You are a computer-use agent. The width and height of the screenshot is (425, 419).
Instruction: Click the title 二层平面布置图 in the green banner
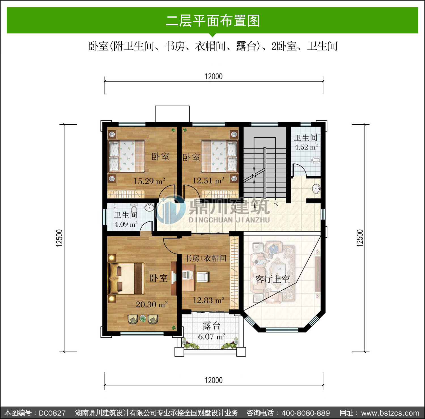(213, 21)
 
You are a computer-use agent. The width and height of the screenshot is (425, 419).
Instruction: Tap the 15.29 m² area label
(149, 181)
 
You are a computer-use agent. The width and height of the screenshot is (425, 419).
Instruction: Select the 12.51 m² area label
(208, 180)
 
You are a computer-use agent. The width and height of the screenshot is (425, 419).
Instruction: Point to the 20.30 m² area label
(152, 305)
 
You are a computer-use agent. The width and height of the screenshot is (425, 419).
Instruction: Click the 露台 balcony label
(212, 326)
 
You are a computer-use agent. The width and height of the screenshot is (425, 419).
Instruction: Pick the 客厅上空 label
(273, 279)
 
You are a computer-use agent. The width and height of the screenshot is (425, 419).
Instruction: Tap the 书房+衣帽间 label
(205, 258)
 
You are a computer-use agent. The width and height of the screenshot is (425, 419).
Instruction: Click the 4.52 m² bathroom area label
(306, 147)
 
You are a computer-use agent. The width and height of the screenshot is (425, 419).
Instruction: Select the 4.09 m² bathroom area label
(126, 224)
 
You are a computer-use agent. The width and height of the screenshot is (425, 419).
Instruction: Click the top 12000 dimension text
(214, 76)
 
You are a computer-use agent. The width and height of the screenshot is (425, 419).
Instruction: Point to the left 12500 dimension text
(59, 238)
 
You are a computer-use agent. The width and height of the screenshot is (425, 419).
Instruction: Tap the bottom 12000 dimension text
(214, 380)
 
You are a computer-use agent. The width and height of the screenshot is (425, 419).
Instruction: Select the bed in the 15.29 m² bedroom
(127, 156)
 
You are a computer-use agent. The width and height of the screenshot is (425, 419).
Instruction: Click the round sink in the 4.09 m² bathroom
(149, 207)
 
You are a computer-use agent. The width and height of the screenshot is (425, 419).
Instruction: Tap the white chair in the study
(202, 277)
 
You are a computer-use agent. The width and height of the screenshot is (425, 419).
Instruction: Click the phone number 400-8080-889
(306, 413)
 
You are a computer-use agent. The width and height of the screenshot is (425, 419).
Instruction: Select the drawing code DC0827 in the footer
(52, 413)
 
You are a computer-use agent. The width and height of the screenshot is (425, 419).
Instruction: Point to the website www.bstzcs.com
(390, 413)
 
